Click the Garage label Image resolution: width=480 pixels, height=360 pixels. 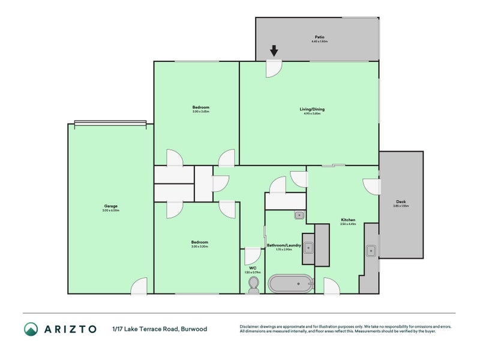coord(110,206)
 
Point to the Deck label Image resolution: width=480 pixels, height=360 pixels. coord(401,202)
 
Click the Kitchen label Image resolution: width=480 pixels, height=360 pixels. coord(349,220)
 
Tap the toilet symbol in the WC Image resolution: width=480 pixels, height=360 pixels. coord(253,283)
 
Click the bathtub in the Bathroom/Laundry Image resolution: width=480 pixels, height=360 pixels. coord(290,283)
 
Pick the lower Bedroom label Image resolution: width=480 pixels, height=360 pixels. coord(200,242)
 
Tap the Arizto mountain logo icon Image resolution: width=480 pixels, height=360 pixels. coord(31,329)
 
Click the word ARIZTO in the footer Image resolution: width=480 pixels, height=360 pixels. coord(68,329)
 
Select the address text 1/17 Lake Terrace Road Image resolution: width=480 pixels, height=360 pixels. coord(144,329)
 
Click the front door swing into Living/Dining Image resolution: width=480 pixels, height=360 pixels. coord(274,68)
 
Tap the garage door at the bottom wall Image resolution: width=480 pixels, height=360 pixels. coord(139,287)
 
